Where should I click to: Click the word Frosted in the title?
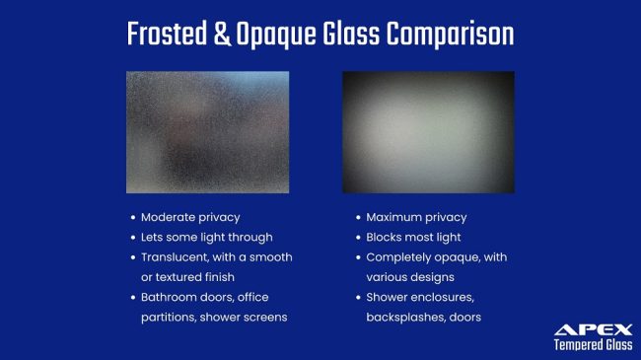click(169, 35)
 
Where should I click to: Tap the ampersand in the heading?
click(222, 35)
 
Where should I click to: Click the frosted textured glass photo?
click(207, 131)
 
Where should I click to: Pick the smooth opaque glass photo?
click(428, 131)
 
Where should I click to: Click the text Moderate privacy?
click(190, 217)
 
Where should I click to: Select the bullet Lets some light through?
click(206, 237)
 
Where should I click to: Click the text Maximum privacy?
click(416, 217)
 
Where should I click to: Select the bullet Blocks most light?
click(413, 237)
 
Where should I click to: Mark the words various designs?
click(409, 277)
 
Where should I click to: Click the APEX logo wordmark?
click(593, 329)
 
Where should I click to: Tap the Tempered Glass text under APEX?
click(592, 345)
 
